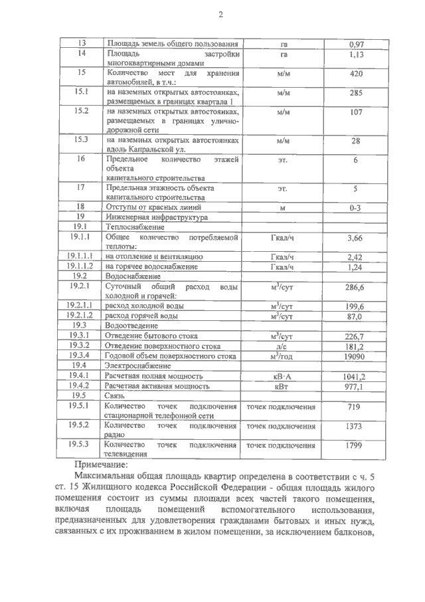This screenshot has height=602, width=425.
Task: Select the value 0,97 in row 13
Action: point(356,45)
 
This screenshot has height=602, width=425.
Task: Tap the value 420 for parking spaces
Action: point(356,74)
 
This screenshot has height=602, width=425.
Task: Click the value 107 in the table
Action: point(356,112)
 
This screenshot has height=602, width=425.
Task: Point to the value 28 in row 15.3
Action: point(356,142)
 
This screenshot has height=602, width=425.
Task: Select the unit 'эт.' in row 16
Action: point(283,161)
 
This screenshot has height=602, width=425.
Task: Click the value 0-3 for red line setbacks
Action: point(356,208)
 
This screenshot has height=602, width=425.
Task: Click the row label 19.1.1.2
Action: point(82,266)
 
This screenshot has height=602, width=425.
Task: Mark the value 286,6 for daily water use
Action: point(356,286)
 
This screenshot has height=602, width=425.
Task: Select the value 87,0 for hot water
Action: point(356,317)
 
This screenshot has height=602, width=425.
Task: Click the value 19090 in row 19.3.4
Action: point(356,356)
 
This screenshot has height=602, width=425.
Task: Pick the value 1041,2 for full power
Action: point(356,376)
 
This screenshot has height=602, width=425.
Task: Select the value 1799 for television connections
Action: point(356,446)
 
